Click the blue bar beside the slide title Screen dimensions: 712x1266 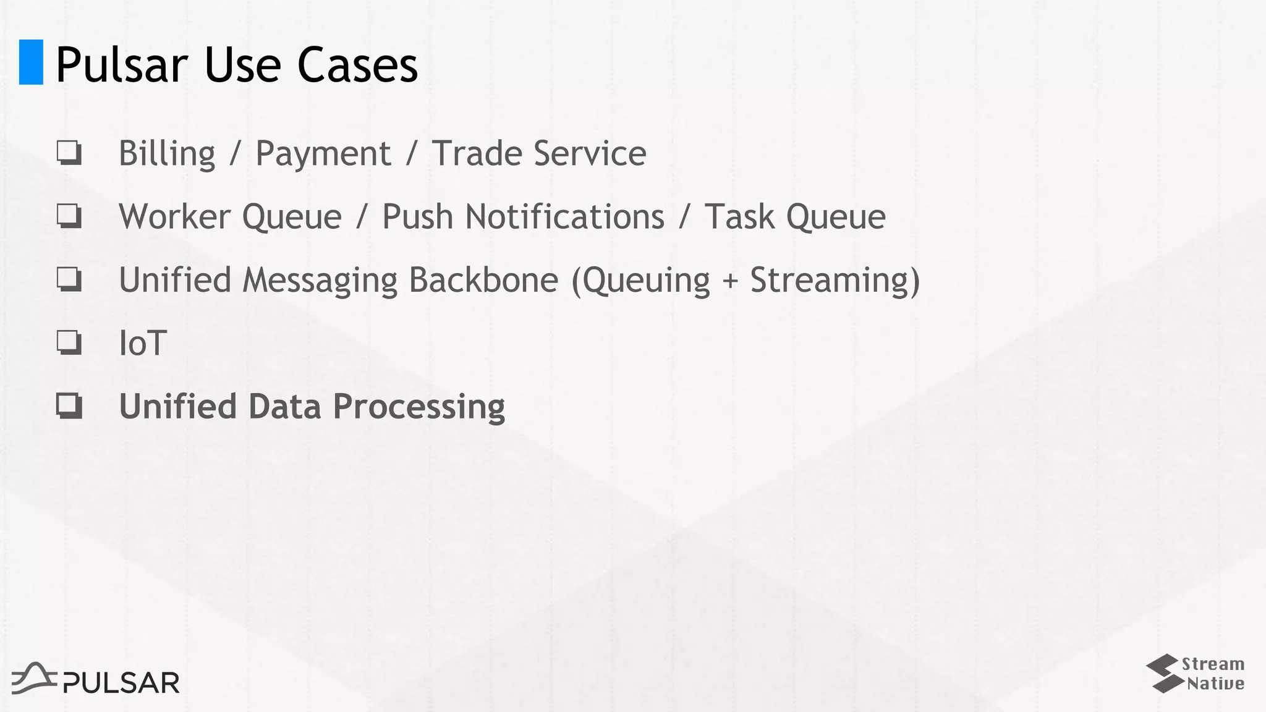(31, 62)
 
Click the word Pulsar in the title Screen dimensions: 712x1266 (122, 65)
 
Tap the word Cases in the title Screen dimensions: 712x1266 (357, 65)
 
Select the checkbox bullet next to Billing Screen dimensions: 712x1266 (69, 153)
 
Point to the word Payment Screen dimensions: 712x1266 (323, 154)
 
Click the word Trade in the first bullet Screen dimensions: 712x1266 (477, 153)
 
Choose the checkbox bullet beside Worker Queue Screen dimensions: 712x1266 (69, 216)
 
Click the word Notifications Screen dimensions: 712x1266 (564, 217)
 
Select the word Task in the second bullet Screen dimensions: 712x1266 (739, 217)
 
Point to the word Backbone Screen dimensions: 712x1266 (483, 280)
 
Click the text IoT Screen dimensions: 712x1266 (143, 343)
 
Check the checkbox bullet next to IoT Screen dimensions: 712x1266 (69, 342)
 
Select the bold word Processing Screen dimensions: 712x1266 (418, 407)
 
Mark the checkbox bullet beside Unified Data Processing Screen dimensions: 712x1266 (69, 406)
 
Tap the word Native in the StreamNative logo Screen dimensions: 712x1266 (1215, 684)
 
